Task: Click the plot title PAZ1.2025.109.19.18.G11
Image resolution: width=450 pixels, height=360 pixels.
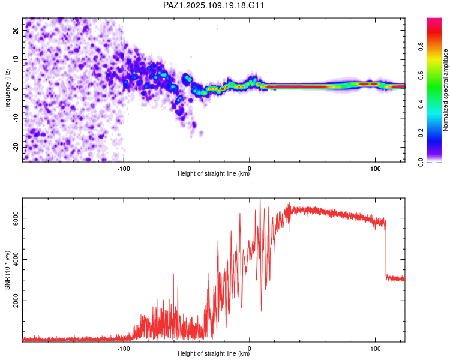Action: click(214, 5)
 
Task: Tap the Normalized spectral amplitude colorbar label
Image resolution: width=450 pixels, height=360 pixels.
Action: click(446, 90)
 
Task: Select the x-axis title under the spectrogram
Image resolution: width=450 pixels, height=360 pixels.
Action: click(214, 174)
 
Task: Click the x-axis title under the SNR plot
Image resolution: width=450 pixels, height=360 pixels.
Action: click(214, 355)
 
